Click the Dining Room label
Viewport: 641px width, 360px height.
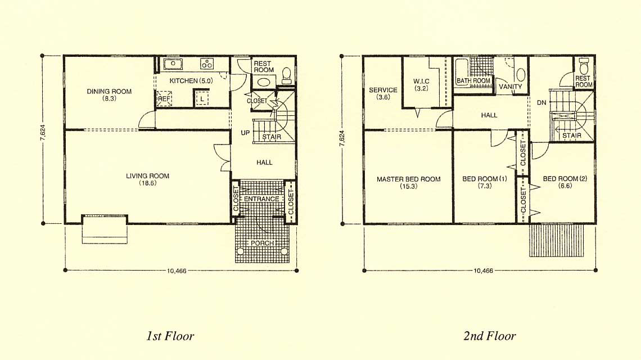109,94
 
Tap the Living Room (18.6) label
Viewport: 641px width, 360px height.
147,179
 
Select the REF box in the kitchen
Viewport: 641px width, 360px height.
164,98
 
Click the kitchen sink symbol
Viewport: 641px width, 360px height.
173,64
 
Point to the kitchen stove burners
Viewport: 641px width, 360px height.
206,64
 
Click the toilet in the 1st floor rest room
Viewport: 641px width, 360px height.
287,75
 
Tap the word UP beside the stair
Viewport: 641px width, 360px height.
245,133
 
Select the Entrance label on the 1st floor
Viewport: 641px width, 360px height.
261,199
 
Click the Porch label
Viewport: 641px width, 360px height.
262,243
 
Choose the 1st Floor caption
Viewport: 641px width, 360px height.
170,336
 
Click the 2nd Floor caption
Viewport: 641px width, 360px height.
490,336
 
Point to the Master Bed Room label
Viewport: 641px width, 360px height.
408,182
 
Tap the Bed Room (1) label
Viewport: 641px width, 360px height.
485,182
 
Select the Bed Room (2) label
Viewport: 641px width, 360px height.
565,182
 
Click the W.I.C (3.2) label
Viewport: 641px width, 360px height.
421,85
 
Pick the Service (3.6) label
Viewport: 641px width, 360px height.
383,93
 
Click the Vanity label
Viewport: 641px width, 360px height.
511,87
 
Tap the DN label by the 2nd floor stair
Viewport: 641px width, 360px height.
541,103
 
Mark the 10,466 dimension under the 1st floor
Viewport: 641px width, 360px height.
177,271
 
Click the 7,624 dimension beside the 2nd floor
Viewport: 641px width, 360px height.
342,139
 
